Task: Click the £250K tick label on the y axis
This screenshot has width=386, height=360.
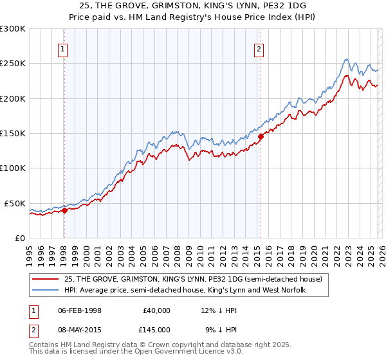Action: (x=13, y=64)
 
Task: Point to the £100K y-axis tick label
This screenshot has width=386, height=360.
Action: (x=13, y=168)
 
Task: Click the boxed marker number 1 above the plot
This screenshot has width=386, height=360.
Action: (x=64, y=50)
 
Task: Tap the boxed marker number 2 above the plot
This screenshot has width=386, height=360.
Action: (x=259, y=50)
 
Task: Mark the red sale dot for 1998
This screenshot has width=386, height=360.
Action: (x=64, y=210)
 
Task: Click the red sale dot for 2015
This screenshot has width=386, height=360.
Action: (x=261, y=136)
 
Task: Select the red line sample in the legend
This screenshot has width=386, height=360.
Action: (x=46, y=278)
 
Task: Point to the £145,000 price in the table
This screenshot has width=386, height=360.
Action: (x=157, y=329)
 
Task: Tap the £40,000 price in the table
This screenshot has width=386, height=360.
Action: (x=157, y=310)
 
